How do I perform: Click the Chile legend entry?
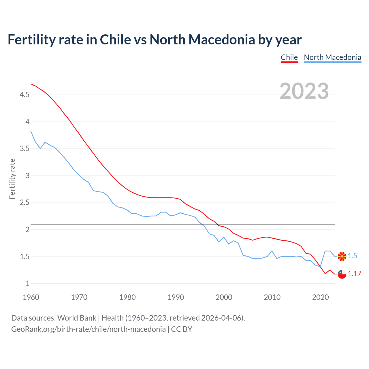[x=289, y=57]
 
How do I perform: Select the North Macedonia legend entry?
[x=332, y=57]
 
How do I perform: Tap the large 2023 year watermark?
[x=304, y=91]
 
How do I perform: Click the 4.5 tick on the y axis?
[x=25, y=95]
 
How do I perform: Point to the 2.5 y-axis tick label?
[x=25, y=203]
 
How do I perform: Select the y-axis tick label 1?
[x=27, y=284]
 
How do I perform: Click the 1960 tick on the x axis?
[x=31, y=297]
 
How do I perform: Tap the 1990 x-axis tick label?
[x=176, y=297]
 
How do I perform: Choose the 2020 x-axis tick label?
[x=320, y=297]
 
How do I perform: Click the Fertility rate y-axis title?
[x=12, y=179]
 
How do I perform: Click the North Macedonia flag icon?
[x=342, y=256]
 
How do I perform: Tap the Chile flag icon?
[x=342, y=274]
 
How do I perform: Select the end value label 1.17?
[x=354, y=274]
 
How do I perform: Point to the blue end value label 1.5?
[x=352, y=256]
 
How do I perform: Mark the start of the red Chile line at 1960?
[x=31, y=84]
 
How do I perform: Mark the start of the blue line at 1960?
[x=31, y=131]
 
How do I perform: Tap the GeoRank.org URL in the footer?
[x=88, y=329]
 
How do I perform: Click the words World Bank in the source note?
[x=77, y=318]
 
